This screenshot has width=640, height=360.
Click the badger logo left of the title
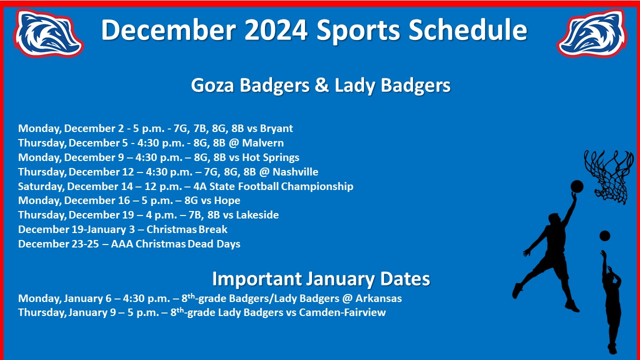tap(48, 33)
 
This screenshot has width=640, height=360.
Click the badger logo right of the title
tap(592, 33)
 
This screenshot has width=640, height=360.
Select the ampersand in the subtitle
tap(321, 85)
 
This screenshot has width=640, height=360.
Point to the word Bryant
tap(276, 128)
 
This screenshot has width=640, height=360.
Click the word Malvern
tap(263, 143)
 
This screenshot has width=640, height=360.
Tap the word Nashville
tap(295, 171)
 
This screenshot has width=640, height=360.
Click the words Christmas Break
tap(187, 229)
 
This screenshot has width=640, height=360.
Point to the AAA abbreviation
tap(122, 244)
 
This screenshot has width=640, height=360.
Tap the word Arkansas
tap(378, 298)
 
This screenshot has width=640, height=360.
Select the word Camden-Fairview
tap(342, 312)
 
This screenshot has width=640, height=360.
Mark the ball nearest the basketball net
tap(577, 186)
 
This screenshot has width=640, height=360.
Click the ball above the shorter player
tap(604, 236)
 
